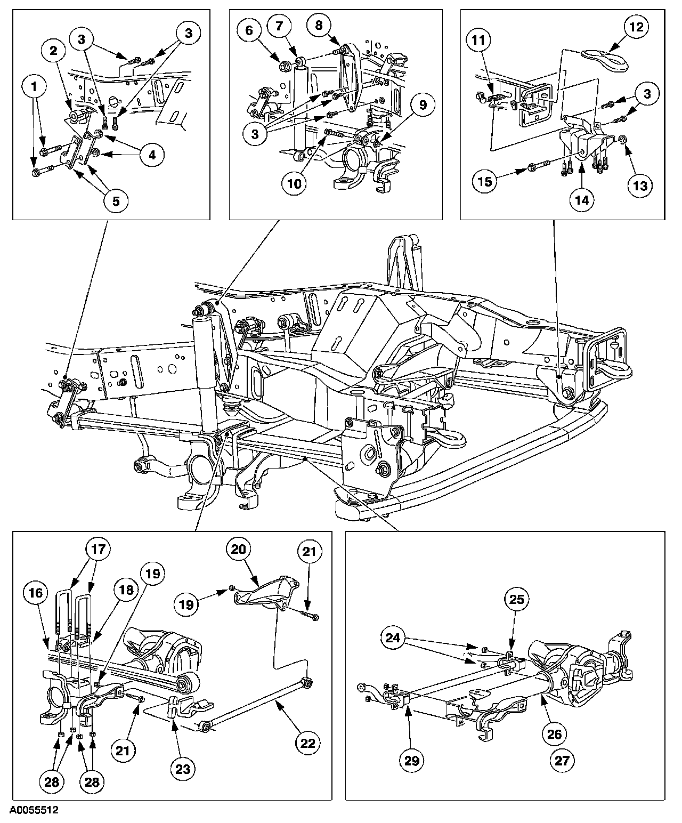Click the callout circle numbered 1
(34, 86)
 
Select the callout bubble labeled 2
(54, 51)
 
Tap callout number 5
(116, 201)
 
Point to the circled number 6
(249, 30)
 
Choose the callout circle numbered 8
(319, 26)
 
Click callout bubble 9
(423, 105)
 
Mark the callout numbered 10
(294, 183)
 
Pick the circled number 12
(637, 27)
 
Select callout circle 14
(582, 200)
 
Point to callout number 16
(36, 593)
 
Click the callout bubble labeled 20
(238, 550)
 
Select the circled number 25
(517, 599)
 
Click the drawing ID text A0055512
(34, 810)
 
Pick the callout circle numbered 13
(640, 185)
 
